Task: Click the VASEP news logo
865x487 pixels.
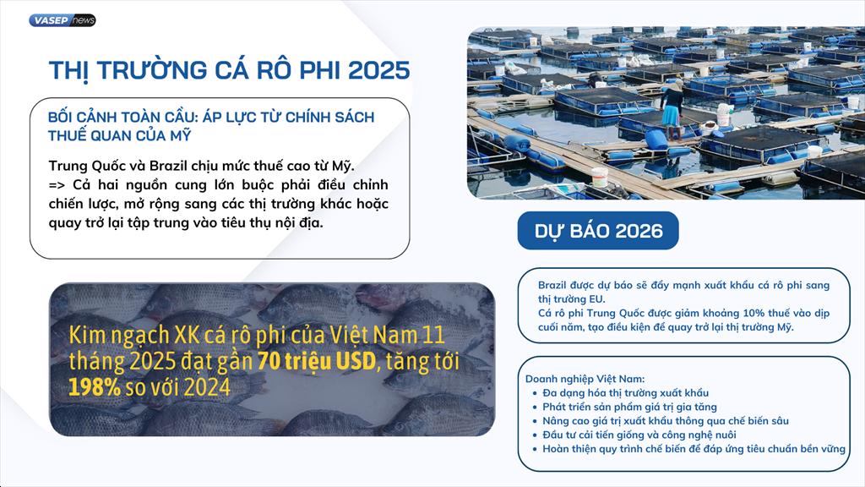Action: [x=63, y=20]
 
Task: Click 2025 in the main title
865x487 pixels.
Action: [x=379, y=71]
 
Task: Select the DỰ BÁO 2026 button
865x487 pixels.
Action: [x=598, y=231]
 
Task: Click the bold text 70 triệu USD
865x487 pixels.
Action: [x=317, y=362]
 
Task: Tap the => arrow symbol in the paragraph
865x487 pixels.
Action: [x=57, y=185]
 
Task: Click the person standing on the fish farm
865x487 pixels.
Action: [x=672, y=112]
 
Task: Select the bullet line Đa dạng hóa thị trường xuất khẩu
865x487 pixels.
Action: [x=626, y=393]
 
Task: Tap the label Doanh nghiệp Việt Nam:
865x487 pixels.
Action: [x=585, y=379]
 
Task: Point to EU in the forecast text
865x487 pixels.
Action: [x=597, y=299]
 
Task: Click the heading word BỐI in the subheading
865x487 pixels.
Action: [x=60, y=117]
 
